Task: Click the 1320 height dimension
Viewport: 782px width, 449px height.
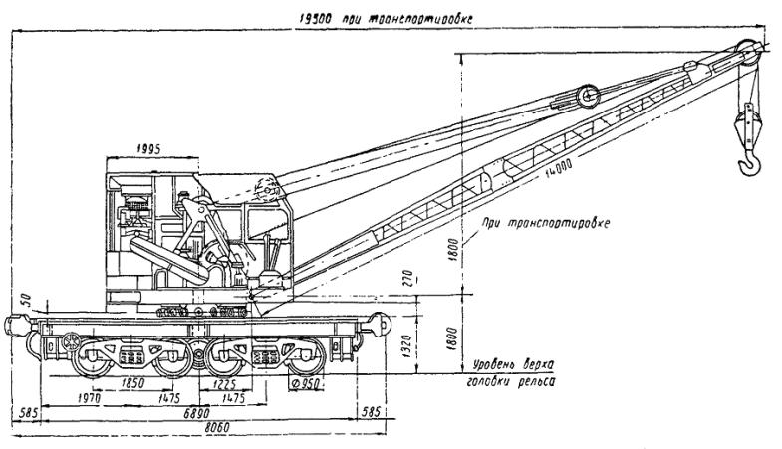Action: (406, 345)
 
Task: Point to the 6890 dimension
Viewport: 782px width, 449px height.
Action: (199, 410)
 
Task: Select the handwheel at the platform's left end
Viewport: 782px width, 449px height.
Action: (71, 341)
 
